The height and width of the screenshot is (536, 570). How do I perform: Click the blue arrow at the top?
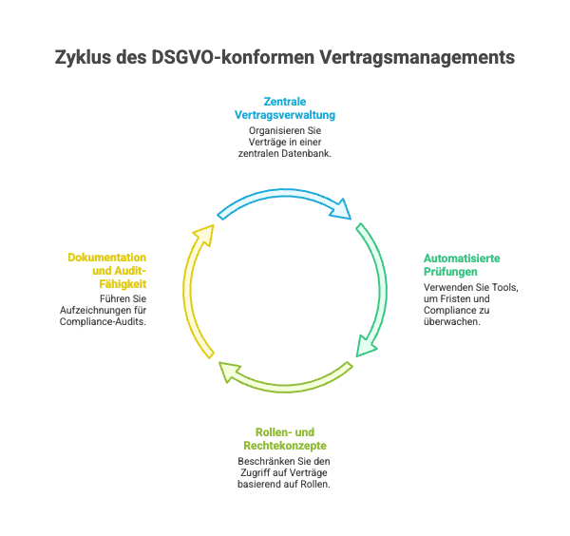pos(285,197)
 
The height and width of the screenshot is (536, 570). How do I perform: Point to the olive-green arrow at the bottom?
pos(285,382)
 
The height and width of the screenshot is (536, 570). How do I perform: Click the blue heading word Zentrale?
pos(284,100)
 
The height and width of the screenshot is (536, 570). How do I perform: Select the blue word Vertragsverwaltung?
pos(285,114)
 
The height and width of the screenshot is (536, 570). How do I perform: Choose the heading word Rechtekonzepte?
pos(285,445)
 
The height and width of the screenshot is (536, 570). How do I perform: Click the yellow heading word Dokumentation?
pos(106,258)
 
